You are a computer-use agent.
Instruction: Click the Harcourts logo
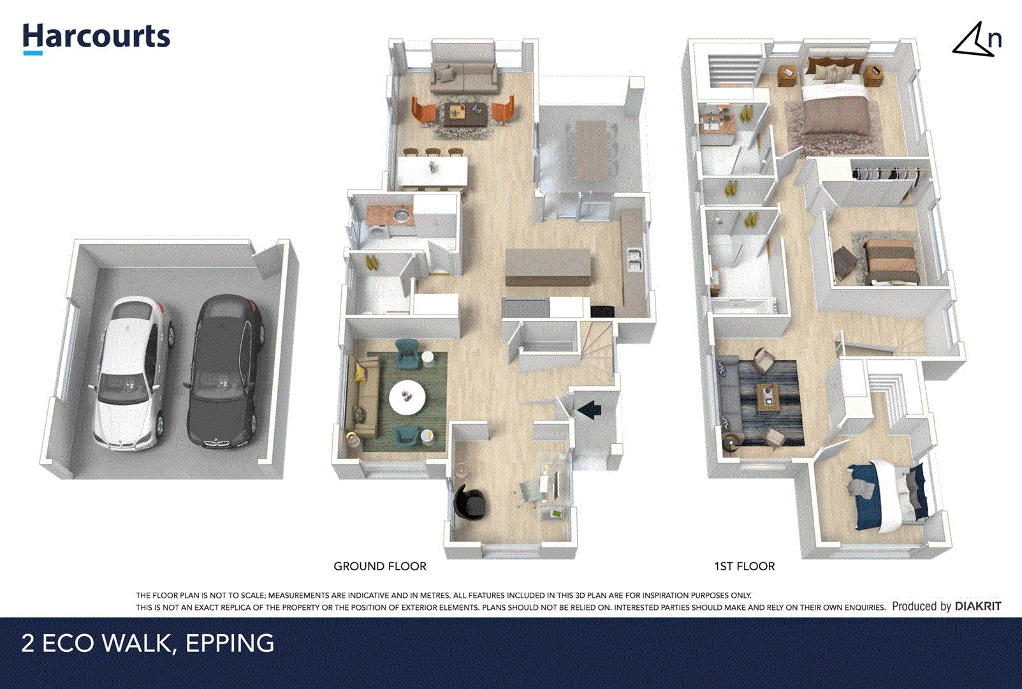pos(96,38)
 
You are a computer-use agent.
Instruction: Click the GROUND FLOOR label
pos(380,566)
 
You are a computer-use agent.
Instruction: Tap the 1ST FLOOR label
pos(744,566)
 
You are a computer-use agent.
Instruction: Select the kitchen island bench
pos(548,267)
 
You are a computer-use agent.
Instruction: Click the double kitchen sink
pos(634,260)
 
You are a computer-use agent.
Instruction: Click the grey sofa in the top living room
pos(464,75)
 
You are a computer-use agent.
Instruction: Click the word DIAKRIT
pos(977,606)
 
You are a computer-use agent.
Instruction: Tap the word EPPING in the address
pos(230,643)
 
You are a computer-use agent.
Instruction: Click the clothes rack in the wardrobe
pos(885,173)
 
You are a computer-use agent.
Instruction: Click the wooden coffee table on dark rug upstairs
pos(768,397)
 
